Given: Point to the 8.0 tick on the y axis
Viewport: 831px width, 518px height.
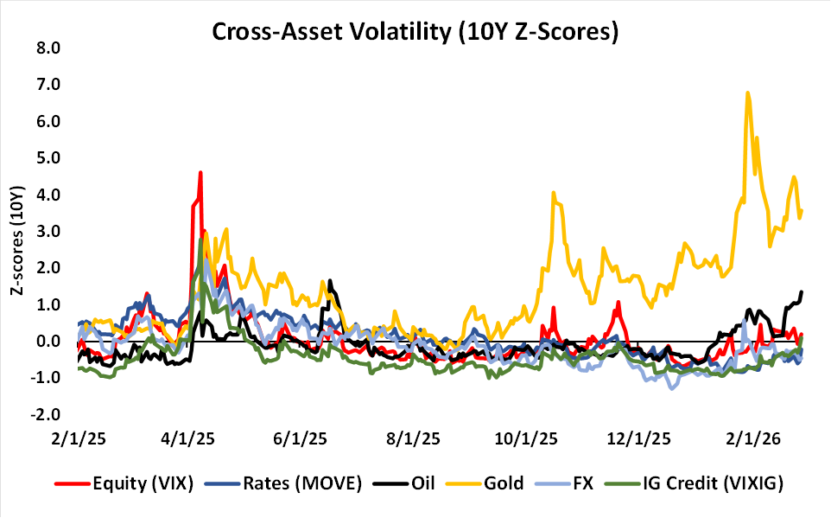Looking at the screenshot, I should pos(46,48).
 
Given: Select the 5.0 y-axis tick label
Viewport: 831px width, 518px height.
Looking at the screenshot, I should pos(46,157).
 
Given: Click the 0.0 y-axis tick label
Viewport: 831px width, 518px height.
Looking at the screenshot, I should pos(46,342).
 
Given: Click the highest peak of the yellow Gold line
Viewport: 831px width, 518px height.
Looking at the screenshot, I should pos(747,93).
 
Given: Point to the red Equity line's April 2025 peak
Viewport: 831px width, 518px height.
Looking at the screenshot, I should pos(200,172).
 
